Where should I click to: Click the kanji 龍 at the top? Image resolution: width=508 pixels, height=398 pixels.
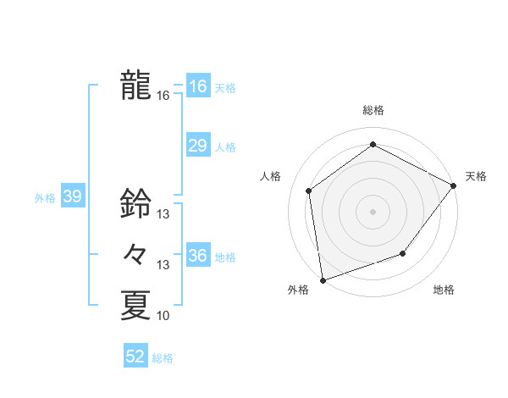tap(135, 86)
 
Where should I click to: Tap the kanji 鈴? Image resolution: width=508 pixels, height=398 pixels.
tap(135, 203)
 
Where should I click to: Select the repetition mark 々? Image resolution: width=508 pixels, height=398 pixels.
tap(135, 254)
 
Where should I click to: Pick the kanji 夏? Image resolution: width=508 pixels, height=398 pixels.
tap(135, 305)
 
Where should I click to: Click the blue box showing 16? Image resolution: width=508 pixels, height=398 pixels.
tap(197, 86)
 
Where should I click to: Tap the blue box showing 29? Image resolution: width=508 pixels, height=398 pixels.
tap(197, 146)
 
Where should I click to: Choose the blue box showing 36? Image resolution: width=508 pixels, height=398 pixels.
tap(197, 256)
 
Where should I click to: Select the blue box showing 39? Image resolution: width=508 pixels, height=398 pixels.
tap(72, 197)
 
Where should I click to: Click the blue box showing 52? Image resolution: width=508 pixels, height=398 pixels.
tap(135, 357)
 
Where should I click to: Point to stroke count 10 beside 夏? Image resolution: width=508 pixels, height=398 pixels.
tap(163, 316)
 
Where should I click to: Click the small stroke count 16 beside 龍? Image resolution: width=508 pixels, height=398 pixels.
tap(163, 96)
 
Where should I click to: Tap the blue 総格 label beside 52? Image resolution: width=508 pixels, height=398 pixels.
tap(163, 358)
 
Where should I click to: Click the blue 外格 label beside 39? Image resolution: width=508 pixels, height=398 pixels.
tap(45, 198)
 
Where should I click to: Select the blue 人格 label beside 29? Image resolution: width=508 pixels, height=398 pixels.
tap(225, 147)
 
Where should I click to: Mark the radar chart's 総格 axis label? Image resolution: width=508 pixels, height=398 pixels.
tap(373, 110)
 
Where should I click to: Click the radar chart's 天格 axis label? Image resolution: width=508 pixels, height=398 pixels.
tap(476, 176)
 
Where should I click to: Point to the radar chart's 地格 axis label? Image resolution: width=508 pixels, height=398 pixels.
tap(444, 290)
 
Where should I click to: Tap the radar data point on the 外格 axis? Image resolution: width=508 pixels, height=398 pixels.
tap(323, 279)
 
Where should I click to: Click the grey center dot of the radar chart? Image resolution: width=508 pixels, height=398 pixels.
tap(373, 211)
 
